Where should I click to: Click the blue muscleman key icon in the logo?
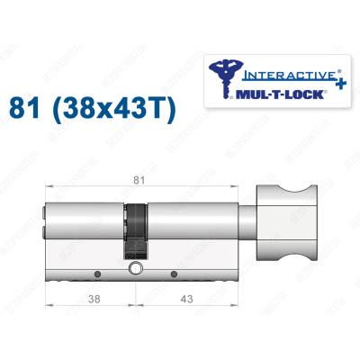point(222,78)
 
